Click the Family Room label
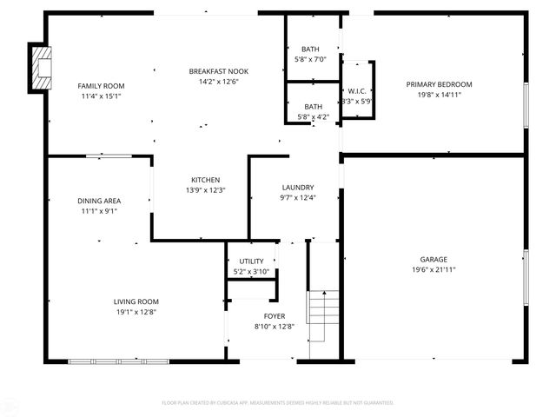[102, 86]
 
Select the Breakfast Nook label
[219, 70]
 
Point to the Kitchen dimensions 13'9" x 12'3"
[205, 190]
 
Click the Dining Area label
[100, 201]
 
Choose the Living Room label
[135, 301]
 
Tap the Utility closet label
[251, 261]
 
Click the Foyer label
[275, 316]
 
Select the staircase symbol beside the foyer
[321, 316]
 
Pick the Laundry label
[298, 188]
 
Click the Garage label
[434, 260]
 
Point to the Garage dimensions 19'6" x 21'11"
[434, 270]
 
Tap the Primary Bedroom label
[439, 84]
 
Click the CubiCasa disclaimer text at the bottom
[278, 403]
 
